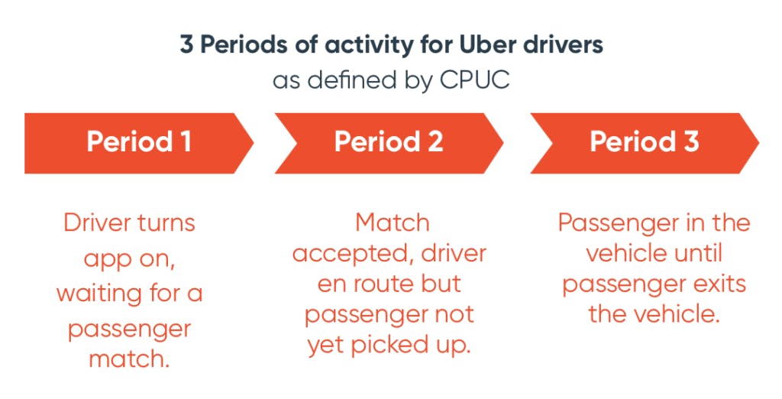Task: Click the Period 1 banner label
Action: point(138,142)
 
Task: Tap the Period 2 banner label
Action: point(389,142)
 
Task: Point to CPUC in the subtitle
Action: point(474,79)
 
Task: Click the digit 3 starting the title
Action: point(186,44)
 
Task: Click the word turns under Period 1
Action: point(163,223)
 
